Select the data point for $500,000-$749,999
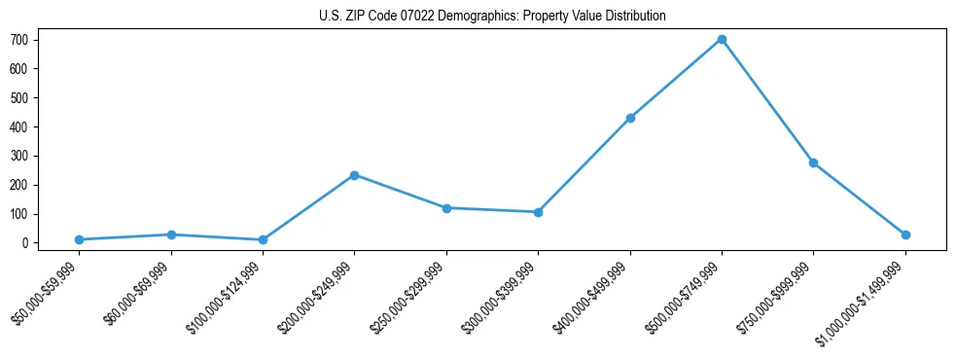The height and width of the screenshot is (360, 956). (x=722, y=40)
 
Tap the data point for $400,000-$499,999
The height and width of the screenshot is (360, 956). (x=630, y=118)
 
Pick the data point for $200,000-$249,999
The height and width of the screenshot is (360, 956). (x=354, y=175)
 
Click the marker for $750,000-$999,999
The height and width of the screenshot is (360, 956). (x=813, y=162)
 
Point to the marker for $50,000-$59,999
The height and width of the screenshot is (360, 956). (x=79, y=239)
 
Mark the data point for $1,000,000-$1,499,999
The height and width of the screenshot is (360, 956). (x=905, y=234)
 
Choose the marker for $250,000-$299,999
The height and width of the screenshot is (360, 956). (x=446, y=208)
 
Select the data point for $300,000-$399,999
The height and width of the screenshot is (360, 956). (x=538, y=212)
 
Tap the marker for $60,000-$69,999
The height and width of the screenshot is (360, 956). (x=171, y=234)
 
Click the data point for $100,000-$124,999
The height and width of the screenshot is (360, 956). (x=263, y=239)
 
